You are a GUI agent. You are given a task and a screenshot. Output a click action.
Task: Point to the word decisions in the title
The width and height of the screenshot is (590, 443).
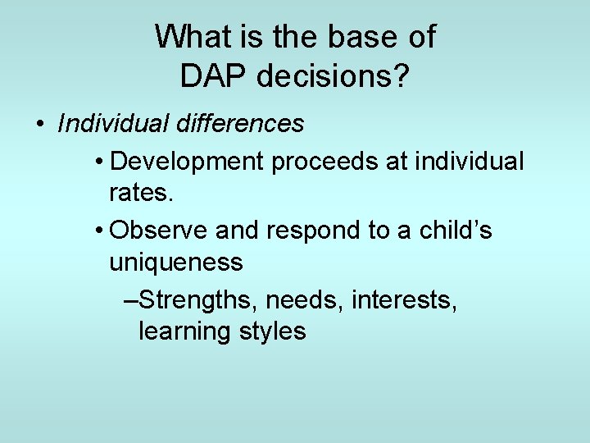pyautogui.click(x=324, y=76)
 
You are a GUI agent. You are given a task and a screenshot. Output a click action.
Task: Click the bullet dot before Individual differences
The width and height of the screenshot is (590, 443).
pyautogui.click(x=39, y=125)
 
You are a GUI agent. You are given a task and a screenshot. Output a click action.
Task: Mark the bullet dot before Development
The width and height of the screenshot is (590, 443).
pyautogui.click(x=98, y=162)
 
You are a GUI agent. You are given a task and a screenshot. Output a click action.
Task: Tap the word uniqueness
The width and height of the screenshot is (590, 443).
pyautogui.click(x=176, y=263)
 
